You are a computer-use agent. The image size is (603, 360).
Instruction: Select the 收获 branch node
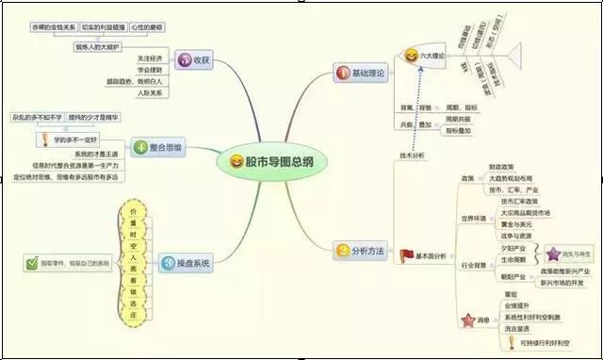tap(194, 61)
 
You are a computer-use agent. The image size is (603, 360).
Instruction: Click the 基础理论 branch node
tap(359, 73)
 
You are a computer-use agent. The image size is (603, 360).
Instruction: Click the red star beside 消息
tap(464, 320)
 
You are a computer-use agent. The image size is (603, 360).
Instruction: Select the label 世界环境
tap(475, 218)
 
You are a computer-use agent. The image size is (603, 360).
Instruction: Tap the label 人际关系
tap(151, 93)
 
